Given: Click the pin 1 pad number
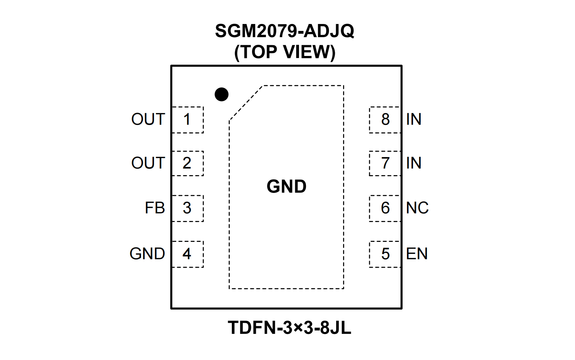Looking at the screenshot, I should click(187, 120).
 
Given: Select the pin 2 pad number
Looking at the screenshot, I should click(187, 163).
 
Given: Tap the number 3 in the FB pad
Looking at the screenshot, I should click(187, 208).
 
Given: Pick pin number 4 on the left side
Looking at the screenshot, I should click(187, 254).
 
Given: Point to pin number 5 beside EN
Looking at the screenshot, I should click(385, 254).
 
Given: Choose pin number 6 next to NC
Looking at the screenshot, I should click(385, 208).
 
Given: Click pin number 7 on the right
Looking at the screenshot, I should click(385, 163).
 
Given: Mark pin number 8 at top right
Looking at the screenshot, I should click(385, 120).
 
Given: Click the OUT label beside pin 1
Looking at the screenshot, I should click(148, 120).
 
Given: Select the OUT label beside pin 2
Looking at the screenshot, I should click(148, 163).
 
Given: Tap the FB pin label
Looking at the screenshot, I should click(155, 208).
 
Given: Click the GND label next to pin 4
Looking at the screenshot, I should click(147, 254).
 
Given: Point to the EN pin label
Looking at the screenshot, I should click(417, 254).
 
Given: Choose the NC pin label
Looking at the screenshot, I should click(417, 208).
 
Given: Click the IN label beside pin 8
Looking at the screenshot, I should click(414, 120).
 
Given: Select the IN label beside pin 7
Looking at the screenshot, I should click(414, 163).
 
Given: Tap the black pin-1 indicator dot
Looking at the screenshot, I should click(221, 94).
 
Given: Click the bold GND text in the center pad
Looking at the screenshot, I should click(286, 186).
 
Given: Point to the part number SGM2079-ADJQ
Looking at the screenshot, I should click(284, 31).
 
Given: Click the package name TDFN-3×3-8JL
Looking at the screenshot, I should click(289, 328).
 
